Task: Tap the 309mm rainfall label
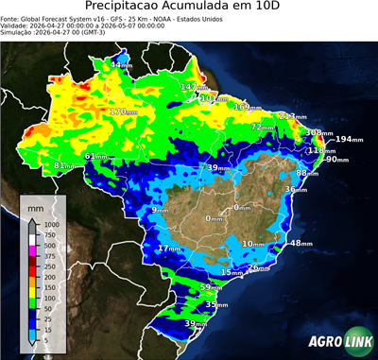(x=314, y=133)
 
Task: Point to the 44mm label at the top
(x=122, y=64)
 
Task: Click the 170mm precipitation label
(x=120, y=112)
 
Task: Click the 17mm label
(x=169, y=249)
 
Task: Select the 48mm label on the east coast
(x=301, y=244)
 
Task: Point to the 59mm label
(x=212, y=287)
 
